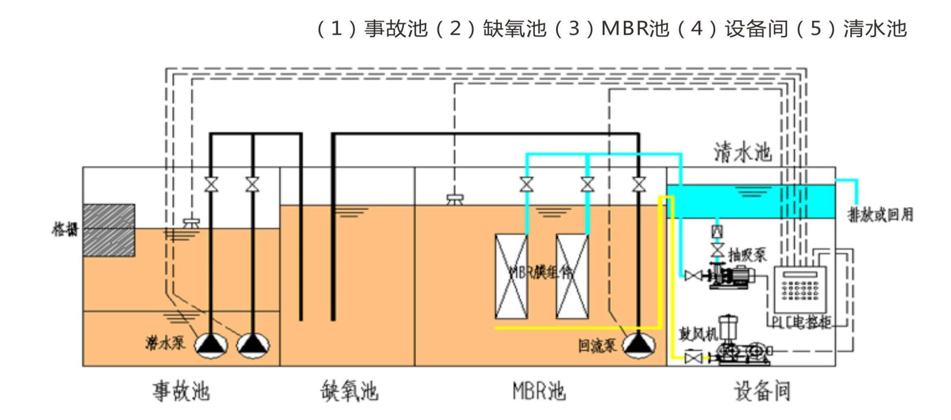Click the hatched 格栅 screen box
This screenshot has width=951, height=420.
pos(108,230)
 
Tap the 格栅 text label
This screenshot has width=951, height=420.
pos(65,229)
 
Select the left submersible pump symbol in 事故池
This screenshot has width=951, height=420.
pos(211,346)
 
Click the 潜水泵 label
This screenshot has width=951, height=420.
pos(165,342)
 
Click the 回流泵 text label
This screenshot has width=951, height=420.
pos(597,346)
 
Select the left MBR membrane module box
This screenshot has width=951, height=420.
pos(511,276)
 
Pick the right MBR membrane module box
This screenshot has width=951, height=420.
pos(572,276)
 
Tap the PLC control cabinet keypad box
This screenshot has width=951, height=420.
pos(800,289)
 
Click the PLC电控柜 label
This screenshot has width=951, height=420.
pos(801,322)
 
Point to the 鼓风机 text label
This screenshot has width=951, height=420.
pos(697,334)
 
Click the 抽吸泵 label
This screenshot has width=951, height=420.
pos(747,255)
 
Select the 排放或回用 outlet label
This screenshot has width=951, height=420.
pos(880,215)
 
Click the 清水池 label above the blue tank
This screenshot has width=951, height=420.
pos(742,152)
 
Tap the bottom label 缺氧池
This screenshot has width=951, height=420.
pos(349,391)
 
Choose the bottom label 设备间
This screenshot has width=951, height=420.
pos(762,391)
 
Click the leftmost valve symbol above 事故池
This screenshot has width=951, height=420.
pos(211,185)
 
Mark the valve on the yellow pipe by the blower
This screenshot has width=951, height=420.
pos(693,357)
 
